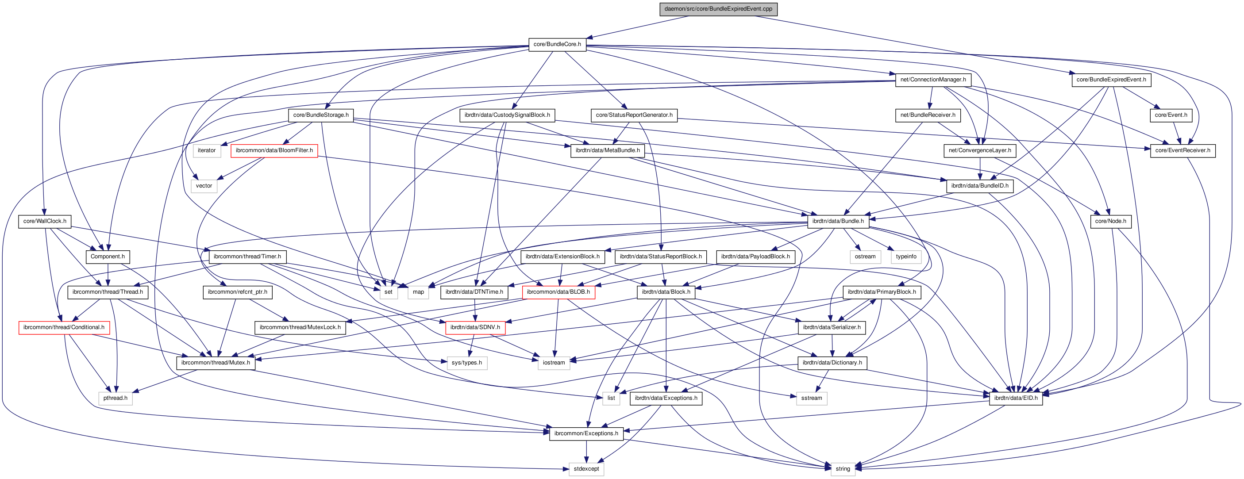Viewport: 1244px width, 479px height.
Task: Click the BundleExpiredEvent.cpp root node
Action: coord(718,9)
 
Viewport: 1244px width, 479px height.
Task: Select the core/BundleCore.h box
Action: coord(557,44)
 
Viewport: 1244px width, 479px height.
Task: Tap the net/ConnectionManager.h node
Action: coord(932,80)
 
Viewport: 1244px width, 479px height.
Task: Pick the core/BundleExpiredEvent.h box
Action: coord(1111,80)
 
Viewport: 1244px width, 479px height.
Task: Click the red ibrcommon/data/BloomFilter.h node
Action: coord(274,151)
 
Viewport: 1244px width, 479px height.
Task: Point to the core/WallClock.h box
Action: coord(45,221)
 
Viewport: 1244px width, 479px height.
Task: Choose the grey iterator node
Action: coord(207,151)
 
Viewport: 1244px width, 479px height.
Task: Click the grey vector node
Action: coord(204,186)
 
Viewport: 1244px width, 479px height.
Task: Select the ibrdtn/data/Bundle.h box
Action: coord(838,221)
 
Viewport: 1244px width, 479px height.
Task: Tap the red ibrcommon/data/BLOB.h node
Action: coord(558,292)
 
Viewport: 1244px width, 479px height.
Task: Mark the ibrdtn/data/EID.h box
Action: coord(1015,399)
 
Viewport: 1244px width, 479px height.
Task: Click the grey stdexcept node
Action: coord(586,469)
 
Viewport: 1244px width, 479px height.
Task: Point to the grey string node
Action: coord(843,469)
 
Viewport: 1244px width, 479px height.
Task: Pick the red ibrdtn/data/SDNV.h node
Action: coord(475,327)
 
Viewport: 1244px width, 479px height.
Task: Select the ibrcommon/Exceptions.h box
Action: coord(586,433)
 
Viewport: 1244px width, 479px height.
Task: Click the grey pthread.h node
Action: coord(116,399)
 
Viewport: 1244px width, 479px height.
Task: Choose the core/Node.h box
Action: coord(1110,221)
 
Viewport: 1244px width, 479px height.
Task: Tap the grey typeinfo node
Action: coord(905,257)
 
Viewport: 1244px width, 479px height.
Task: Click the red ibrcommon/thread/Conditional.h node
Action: coord(64,327)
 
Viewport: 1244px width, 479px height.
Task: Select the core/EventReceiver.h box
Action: coord(1182,151)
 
